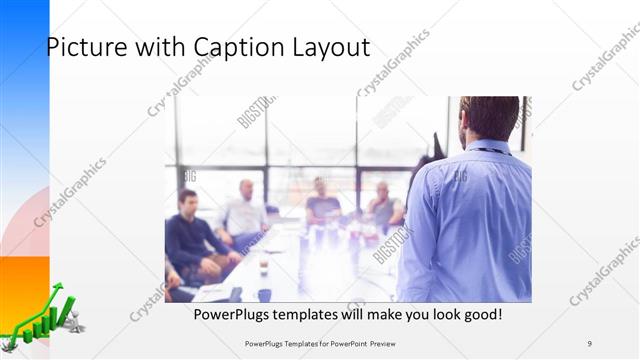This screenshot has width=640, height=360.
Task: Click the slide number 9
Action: coord(589,342)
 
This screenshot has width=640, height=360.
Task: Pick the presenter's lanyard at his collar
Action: coord(490,151)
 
